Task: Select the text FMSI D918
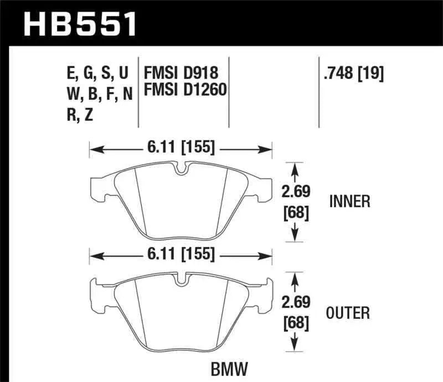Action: pyautogui.click(x=181, y=73)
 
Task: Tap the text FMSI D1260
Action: pyautogui.click(x=186, y=89)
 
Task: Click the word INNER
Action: pyautogui.click(x=349, y=201)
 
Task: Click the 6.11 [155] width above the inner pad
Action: pyautogui.click(x=181, y=148)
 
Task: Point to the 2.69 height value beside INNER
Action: pyautogui.click(x=295, y=192)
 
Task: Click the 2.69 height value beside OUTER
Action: pyautogui.click(x=295, y=303)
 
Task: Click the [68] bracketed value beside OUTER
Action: pyautogui.click(x=295, y=323)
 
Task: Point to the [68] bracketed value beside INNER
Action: pyautogui.click(x=295, y=212)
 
